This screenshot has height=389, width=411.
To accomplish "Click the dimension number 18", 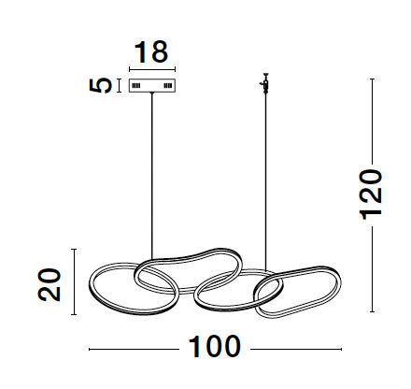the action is point(151,51).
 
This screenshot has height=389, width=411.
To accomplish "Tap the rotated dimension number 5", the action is point(100,85).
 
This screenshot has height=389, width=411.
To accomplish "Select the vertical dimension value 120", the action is point(371,194).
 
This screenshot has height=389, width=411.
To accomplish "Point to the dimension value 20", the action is point(50,284).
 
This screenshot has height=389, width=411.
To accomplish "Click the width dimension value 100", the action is point(215,347).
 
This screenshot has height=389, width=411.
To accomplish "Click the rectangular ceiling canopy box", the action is point(152,85).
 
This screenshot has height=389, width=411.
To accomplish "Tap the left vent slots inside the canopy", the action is point(136,85).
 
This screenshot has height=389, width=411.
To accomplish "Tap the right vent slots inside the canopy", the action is point(168,85).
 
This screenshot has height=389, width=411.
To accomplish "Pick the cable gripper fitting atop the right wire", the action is point(265,82).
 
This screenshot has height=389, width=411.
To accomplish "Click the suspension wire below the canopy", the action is point(152,176).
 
